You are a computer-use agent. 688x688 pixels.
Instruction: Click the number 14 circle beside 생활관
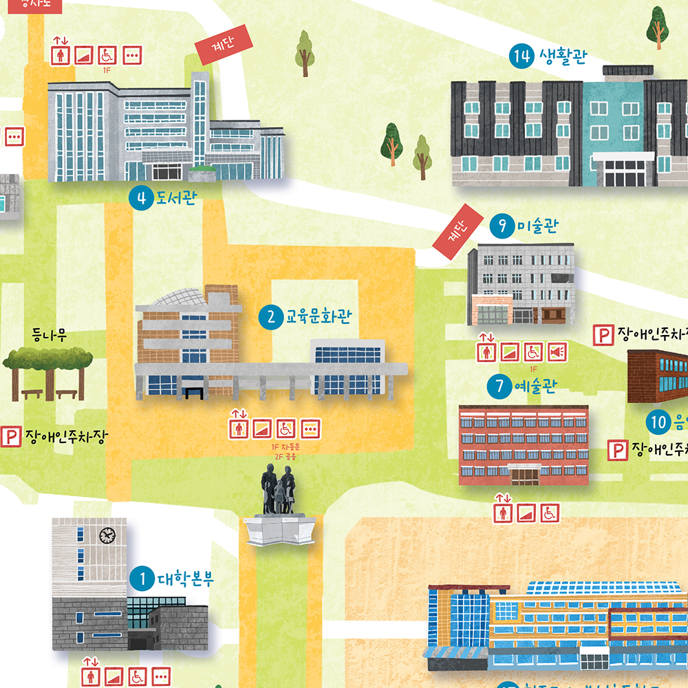tap(522, 56)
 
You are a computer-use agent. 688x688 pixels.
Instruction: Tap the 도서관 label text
tap(177, 199)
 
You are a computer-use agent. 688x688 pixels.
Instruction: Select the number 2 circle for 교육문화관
tap(271, 317)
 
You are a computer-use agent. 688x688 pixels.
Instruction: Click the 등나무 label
tap(50, 336)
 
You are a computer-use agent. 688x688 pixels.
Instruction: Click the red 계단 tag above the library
tap(224, 45)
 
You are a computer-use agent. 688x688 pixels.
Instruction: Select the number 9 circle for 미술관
tap(503, 226)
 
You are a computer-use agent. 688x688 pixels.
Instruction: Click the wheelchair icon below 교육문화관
tap(286, 429)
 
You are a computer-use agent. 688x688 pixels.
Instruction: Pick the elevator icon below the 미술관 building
tap(487, 352)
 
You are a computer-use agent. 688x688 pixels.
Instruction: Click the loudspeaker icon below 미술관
tap(556, 352)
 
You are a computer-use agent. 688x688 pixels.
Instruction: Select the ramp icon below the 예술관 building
tap(526, 513)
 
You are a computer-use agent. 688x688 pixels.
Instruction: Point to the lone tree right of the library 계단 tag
tap(304, 54)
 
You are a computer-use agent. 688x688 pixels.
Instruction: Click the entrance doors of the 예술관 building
tap(524, 474)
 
